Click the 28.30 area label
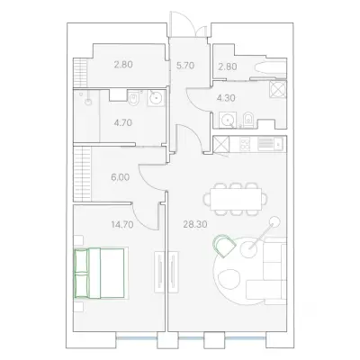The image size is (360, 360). click(x=195, y=224)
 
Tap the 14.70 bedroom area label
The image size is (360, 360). click(x=122, y=224)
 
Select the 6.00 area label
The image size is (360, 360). click(x=120, y=177)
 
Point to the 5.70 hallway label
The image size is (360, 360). click(x=185, y=66)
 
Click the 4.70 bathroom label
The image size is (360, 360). click(x=123, y=122)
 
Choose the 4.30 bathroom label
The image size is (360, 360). click(x=226, y=98)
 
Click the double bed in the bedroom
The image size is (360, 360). click(x=99, y=273)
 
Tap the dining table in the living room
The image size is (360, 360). click(x=236, y=200)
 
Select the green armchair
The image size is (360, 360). click(x=224, y=246)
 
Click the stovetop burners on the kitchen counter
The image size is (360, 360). click(x=245, y=144)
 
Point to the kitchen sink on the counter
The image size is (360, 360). click(x=278, y=144)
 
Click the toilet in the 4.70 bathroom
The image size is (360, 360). click(x=133, y=99)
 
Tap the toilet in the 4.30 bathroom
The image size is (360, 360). click(x=248, y=120)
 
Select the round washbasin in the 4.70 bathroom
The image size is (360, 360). click(x=156, y=97)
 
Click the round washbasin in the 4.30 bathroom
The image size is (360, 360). click(x=228, y=121)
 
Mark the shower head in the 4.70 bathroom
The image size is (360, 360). click(x=88, y=103)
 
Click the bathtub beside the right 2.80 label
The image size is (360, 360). click(x=270, y=67)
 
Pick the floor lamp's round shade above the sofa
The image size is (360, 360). click(x=274, y=221)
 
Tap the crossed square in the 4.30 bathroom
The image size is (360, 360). click(x=278, y=89)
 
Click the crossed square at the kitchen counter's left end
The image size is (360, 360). click(x=220, y=144)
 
